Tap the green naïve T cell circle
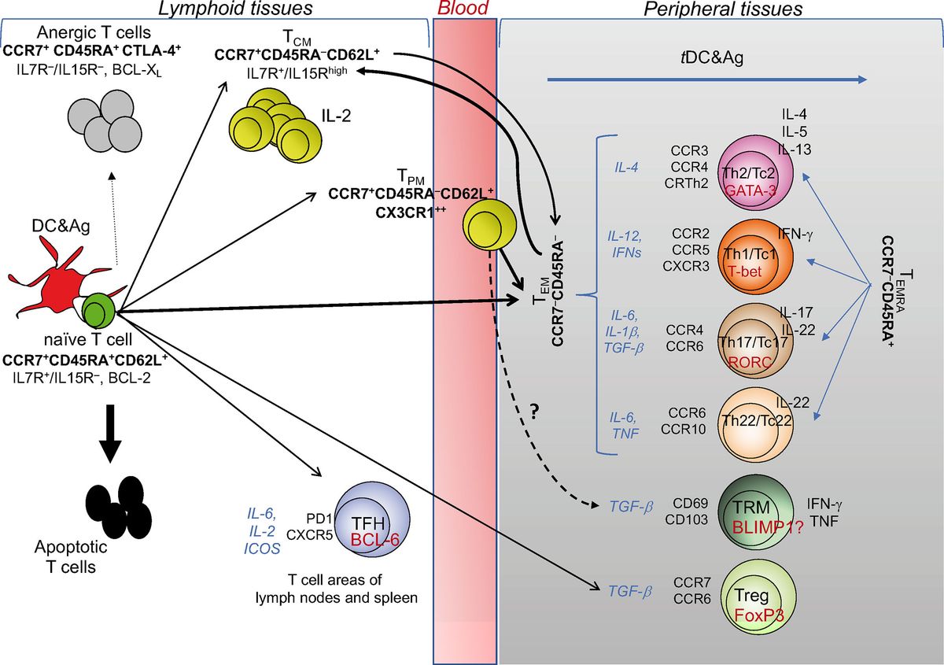(x=98, y=309)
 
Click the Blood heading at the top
(x=463, y=9)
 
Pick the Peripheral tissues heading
(x=723, y=9)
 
